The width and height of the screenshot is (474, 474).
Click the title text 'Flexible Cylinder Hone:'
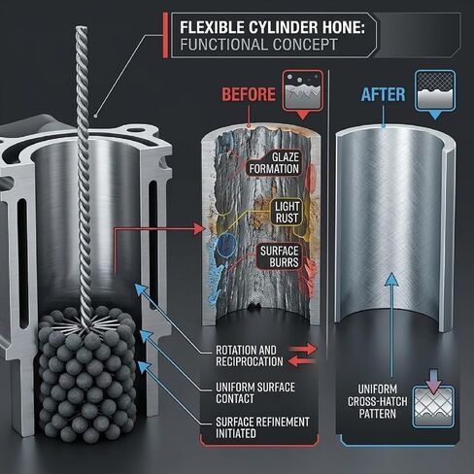272,27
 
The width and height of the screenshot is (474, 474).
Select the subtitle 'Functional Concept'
258,45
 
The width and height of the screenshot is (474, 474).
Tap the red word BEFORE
249,94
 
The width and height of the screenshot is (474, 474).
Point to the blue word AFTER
383,94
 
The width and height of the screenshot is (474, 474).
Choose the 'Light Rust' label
287,212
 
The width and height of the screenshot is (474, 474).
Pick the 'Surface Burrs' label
279,256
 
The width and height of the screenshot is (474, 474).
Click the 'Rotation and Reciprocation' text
250,355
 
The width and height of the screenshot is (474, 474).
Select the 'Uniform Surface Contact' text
255,392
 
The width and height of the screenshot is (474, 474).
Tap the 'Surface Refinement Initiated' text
262,427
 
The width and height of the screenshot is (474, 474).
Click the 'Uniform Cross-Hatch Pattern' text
378,401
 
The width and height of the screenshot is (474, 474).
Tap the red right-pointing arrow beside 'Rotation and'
303,349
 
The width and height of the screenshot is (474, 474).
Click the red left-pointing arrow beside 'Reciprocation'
302,361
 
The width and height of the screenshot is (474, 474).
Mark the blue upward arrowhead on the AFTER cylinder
391,280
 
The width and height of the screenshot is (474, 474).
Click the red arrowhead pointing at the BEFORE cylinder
198,229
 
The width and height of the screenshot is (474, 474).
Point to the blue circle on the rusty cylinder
226,245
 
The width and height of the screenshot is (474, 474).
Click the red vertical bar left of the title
165,35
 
